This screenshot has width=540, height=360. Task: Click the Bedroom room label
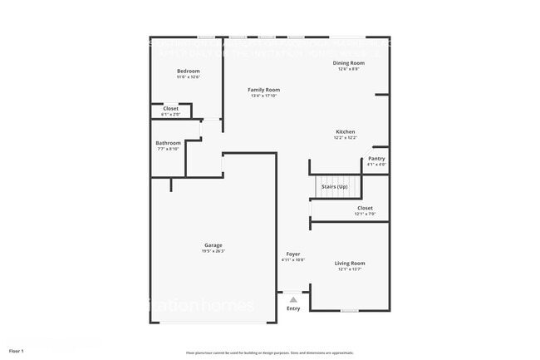(x=188, y=72)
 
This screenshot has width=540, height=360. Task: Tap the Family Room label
(x=263, y=89)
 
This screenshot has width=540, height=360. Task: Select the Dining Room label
(x=349, y=63)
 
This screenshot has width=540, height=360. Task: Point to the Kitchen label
(x=346, y=132)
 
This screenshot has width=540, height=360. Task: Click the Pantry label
(x=376, y=158)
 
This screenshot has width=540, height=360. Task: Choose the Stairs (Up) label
(x=335, y=186)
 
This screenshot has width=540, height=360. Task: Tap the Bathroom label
(x=168, y=143)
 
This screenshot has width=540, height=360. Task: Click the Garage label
(x=213, y=245)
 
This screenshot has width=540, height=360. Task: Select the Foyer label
(x=293, y=254)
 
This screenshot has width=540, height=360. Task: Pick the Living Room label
(x=350, y=263)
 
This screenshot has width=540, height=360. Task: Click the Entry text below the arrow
(x=293, y=308)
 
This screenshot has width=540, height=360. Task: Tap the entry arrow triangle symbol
(x=293, y=300)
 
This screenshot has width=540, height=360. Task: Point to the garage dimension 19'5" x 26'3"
(x=213, y=252)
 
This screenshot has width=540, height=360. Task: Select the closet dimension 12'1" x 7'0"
(x=365, y=215)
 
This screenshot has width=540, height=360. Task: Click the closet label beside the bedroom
(x=170, y=108)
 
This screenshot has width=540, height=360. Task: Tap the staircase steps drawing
(x=337, y=187)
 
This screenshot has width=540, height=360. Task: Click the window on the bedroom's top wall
(x=205, y=37)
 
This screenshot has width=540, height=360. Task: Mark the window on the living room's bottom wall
(x=350, y=311)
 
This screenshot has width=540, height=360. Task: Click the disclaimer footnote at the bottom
(x=270, y=353)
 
